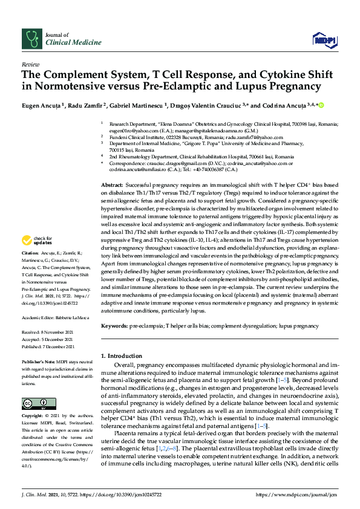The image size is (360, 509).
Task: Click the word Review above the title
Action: point(30,63)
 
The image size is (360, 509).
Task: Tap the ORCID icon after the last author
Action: point(321,105)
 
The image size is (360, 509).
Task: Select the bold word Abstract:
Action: point(113,184)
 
